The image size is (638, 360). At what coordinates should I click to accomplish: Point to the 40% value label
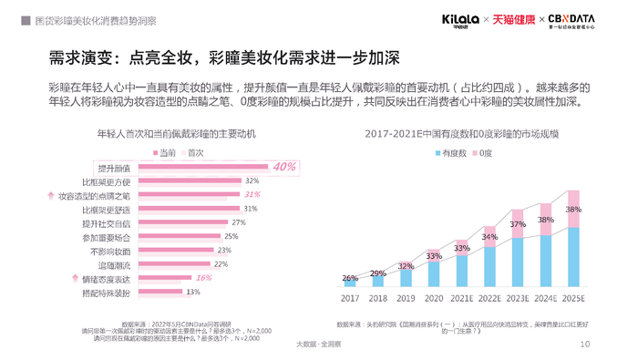point(284,167)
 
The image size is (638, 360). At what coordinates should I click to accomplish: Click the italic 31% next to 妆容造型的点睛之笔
point(252,195)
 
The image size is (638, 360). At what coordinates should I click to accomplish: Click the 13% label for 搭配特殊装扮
point(192,292)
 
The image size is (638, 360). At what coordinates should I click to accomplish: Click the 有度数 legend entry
point(449,152)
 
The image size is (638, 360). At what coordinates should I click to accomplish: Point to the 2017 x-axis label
point(350,297)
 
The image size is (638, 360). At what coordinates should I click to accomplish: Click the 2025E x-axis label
point(573,297)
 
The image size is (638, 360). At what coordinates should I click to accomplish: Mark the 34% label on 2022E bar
point(489,237)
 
